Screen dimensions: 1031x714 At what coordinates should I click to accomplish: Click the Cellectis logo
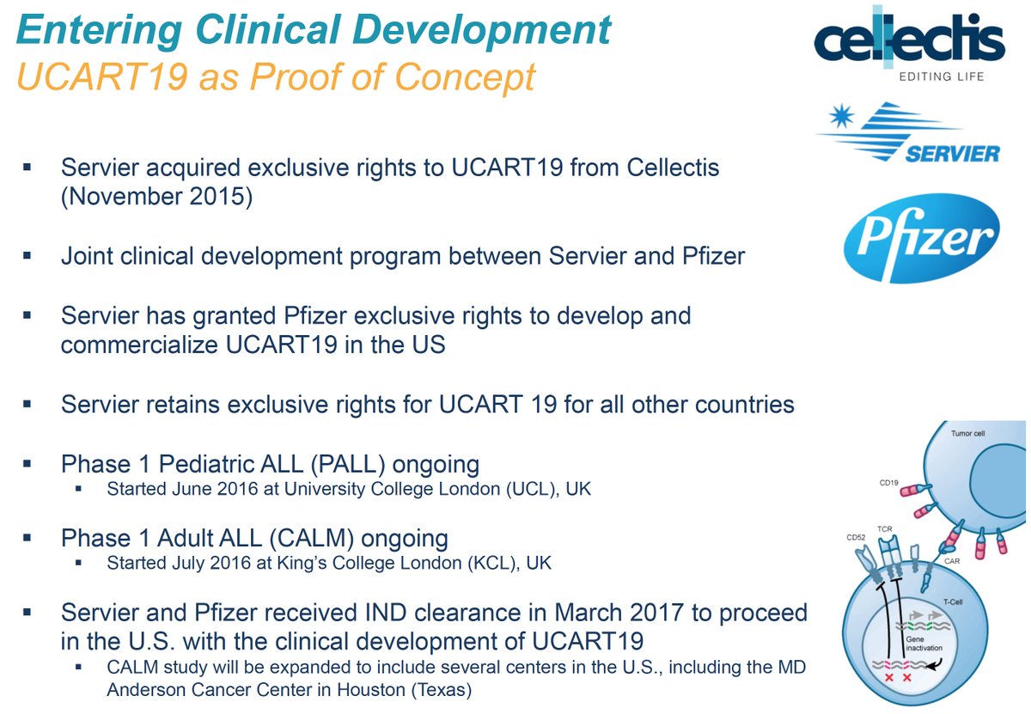pyautogui.click(x=909, y=44)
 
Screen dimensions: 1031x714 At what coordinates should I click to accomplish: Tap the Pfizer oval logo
pyautogui.click(x=921, y=238)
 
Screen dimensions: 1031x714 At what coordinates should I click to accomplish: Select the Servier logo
pyautogui.click(x=909, y=132)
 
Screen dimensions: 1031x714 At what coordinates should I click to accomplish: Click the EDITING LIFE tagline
pyautogui.click(x=942, y=76)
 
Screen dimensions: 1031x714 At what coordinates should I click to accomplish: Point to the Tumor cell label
pyautogui.click(x=968, y=433)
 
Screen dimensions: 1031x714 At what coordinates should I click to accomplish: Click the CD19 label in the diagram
pyautogui.click(x=888, y=483)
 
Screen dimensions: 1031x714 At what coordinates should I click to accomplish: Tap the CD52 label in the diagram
pyautogui.click(x=856, y=537)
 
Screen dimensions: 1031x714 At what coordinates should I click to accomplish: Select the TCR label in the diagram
pyautogui.click(x=884, y=529)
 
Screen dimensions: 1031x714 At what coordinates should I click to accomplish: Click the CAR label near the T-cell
pyautogui.click(x=952, y=561)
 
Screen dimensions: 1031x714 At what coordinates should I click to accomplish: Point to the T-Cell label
pyautogui.click(x=953, y=601)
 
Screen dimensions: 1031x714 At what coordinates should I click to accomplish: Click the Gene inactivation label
pyautogui.click(x=924, y=644)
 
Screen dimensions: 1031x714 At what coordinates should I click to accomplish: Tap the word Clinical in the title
pyautogui.click(x=268, y=29)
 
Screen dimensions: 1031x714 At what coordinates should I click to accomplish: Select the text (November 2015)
pyautogui.click(x=156, y=197)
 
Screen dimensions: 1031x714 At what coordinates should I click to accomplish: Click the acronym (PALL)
pyautogui.click(x=348, y=464)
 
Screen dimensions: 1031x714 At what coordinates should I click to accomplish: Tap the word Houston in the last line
pyautogui.click(x=370, y=690)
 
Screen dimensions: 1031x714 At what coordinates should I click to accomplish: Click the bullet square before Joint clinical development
pyautogui.click(x=27, y=255)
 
